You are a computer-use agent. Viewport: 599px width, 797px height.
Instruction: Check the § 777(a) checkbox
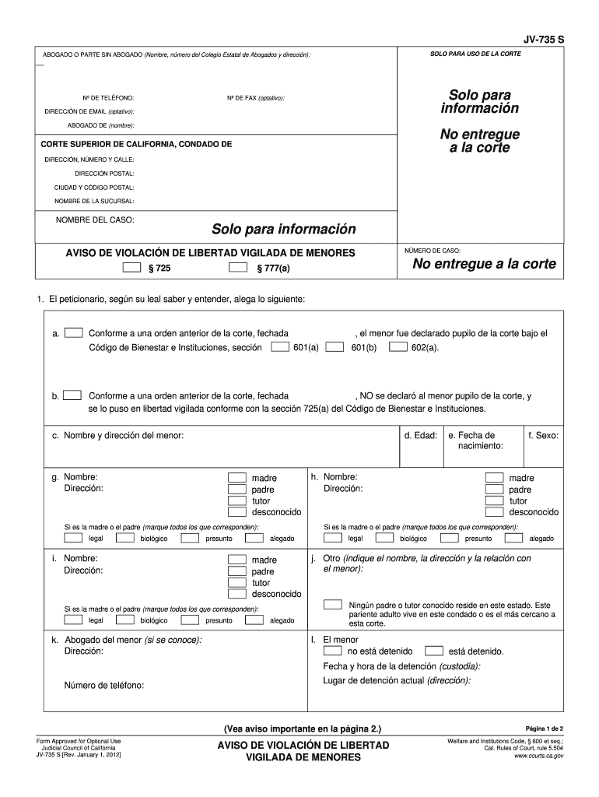coord(237,268)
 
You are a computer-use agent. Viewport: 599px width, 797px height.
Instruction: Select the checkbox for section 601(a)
coord(279,347)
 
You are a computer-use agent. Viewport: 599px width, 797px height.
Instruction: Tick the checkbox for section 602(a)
coord(397,347)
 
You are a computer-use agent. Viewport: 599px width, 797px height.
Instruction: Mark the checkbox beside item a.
coord(74,332)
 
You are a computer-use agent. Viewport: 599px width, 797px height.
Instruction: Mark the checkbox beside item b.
coord(74,395)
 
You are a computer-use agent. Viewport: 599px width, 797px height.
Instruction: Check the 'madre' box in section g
coord(236,477)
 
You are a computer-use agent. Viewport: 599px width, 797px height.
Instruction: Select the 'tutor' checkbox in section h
coord(494,500)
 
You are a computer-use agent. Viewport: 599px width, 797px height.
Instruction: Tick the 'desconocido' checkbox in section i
coord(236,594)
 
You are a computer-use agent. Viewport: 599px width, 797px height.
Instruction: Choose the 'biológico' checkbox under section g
coord(124,538)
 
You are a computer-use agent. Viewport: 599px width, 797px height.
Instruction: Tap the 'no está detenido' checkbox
coord(332,651)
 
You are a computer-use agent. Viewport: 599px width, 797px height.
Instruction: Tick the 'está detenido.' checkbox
coord(434,651)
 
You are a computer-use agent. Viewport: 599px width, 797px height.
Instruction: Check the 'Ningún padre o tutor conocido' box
coord(332,605)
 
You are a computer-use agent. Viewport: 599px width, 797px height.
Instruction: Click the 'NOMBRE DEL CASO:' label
coord(95,220)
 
